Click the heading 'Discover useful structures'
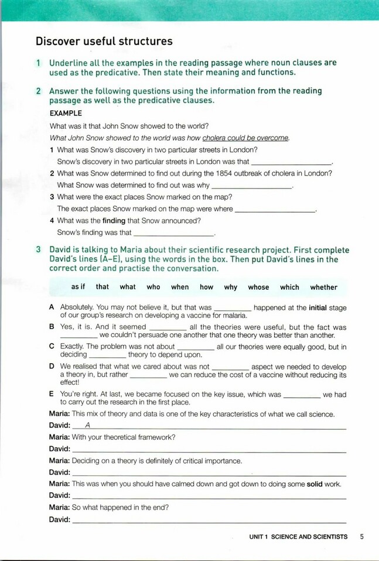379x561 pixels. tap(104, 41)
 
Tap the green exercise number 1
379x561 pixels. tap(38, 63)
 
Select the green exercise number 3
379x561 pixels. tap(38, 249)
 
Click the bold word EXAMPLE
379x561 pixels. tap(66, 113)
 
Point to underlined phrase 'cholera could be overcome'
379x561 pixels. tap(245, 138)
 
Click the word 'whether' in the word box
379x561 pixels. tap(323, 287)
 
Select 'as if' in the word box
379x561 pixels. tap(78, 287)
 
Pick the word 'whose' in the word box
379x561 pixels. tap(258, 287)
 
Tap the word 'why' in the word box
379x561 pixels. tap(230, 287)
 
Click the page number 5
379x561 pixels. tap(363, 536)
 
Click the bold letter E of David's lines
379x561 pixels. tap(52, 395)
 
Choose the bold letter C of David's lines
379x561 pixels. tap(52, 347)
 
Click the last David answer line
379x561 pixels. tap(209, 519)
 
